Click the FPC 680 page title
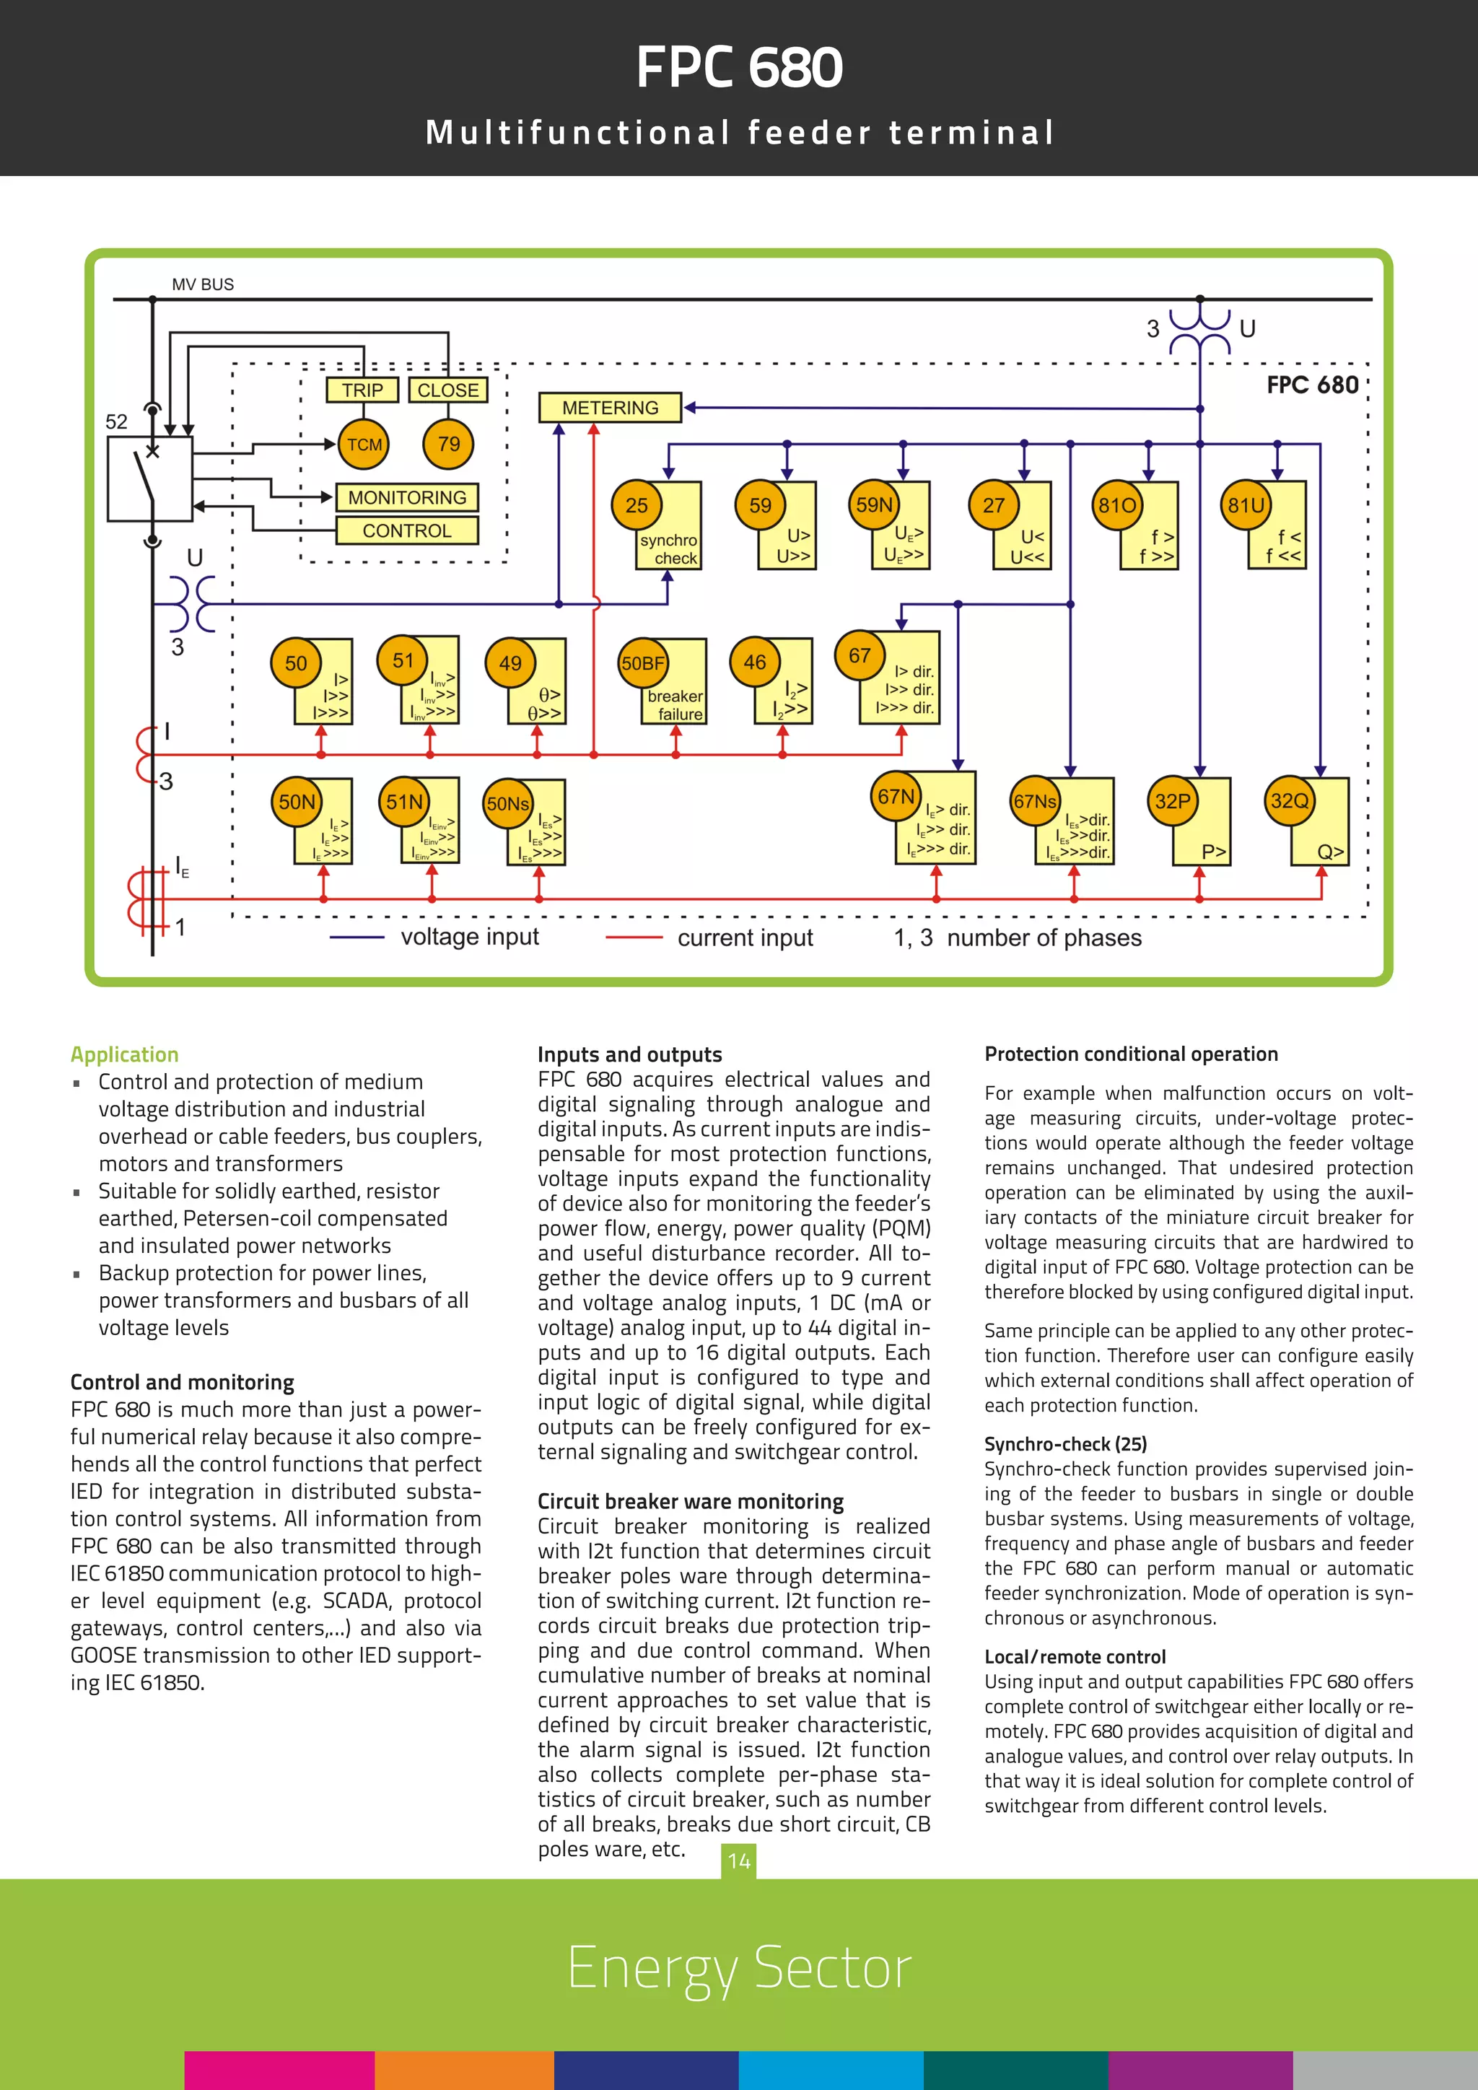[739, 69]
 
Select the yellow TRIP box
[362, 390]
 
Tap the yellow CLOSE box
[447, 390]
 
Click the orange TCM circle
[364, 445]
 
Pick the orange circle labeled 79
[449, 445]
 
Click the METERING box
[610, 408]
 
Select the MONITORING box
[407, 498]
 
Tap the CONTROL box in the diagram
[407, 530]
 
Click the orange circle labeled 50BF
[642, 663]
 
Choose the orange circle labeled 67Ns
[1035, 801]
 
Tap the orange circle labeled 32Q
[1290, 801]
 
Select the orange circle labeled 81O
[1116, 505]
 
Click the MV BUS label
[203, 285]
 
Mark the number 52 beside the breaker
[116, 421]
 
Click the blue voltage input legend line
[357, 937]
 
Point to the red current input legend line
[634, 937]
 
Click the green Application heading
[125, 1054]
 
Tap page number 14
[739, 1861]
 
